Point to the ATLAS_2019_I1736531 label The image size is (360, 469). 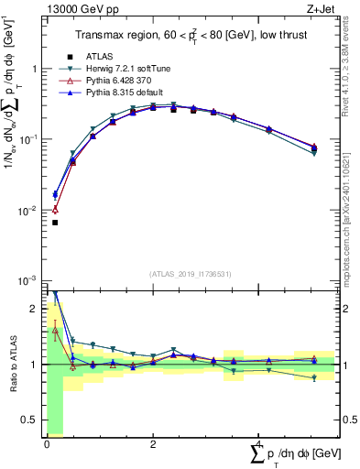pos(191,274)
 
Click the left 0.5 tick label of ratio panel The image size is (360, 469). pos(30,420)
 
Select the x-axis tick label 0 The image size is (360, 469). pos(47,444)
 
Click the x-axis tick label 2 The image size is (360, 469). pos(152,444)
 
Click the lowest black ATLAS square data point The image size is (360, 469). pos(55,223)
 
